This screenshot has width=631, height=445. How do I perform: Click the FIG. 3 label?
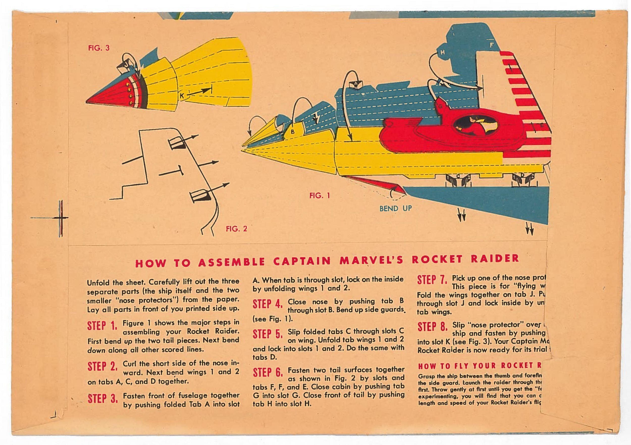(x=99, y=48)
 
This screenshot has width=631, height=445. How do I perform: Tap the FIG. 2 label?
(x=236, y=229)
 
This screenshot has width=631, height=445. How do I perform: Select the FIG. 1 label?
(x=320, y=196)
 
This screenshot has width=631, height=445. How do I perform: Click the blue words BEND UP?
(x=396, y=208)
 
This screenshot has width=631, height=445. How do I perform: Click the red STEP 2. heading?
(x=102, y=367)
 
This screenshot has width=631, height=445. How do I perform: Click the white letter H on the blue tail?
(x=442, y=52)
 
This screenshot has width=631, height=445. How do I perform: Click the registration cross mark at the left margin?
(x=61, y=218)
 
